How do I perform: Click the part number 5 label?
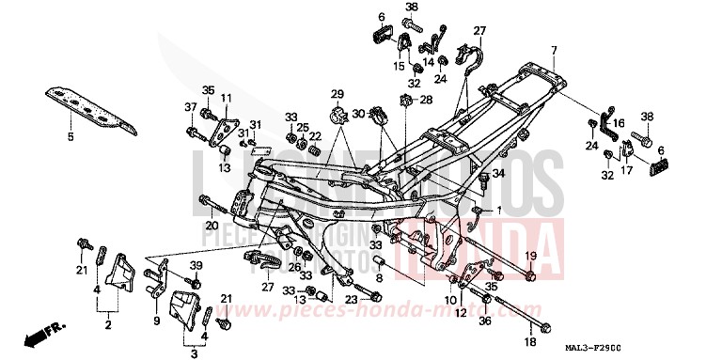[x=69, y=137]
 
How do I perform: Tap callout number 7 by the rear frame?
[x=554, y=50]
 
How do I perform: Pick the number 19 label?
[x=531, y=256]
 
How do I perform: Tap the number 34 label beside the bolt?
[x=498, y=174]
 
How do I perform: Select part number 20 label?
[x=212, y=226]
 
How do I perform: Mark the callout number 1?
[x=499, y=209]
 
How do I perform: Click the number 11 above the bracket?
[x=226, y=98]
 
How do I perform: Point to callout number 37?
[x=191, y=108]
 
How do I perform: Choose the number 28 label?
[x=425, y=100]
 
